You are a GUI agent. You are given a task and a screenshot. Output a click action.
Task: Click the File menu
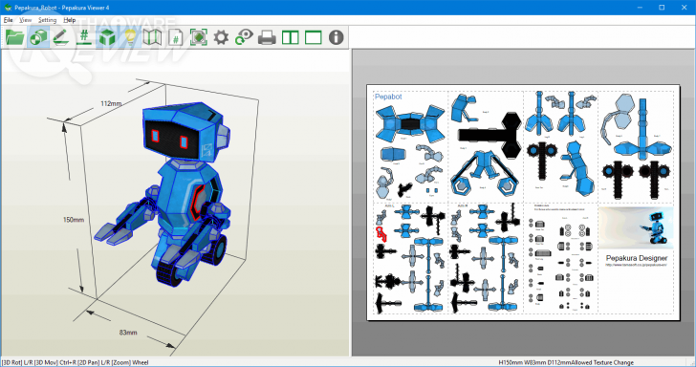coord(8,19)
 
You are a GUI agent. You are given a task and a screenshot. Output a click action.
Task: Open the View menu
coord(25,19)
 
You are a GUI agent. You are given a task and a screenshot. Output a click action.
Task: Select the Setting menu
coord(47,19)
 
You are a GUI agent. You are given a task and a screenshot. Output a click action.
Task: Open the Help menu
coord(70,19)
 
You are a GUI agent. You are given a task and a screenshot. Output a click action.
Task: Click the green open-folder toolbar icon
coord(14,37)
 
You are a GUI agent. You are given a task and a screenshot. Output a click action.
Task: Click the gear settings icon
coord(221,37)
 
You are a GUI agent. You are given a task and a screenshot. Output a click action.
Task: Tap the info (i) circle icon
coord(336,37)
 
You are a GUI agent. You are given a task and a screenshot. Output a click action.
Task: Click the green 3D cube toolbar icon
coord(107,37)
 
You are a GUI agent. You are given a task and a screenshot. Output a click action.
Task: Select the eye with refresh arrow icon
coord(244,37)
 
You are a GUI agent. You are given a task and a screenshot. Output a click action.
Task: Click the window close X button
coord(683,7)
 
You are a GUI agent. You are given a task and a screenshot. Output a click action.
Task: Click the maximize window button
coord(661,7)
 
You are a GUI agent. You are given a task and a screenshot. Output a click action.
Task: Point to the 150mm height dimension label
coord(74,220)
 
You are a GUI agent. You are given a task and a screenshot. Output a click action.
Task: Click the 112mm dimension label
coord(111,103)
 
